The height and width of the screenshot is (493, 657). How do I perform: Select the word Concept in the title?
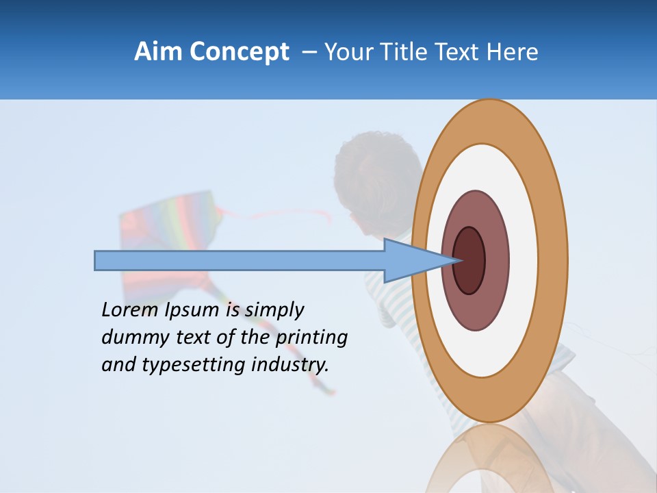click(x=240, y=53)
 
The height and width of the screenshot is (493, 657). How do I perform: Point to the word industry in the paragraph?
click(x=289, y=364)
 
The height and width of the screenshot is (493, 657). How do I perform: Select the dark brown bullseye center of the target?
click(x=469, y=261)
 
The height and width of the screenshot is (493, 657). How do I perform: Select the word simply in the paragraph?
click(x=274, y=310)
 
